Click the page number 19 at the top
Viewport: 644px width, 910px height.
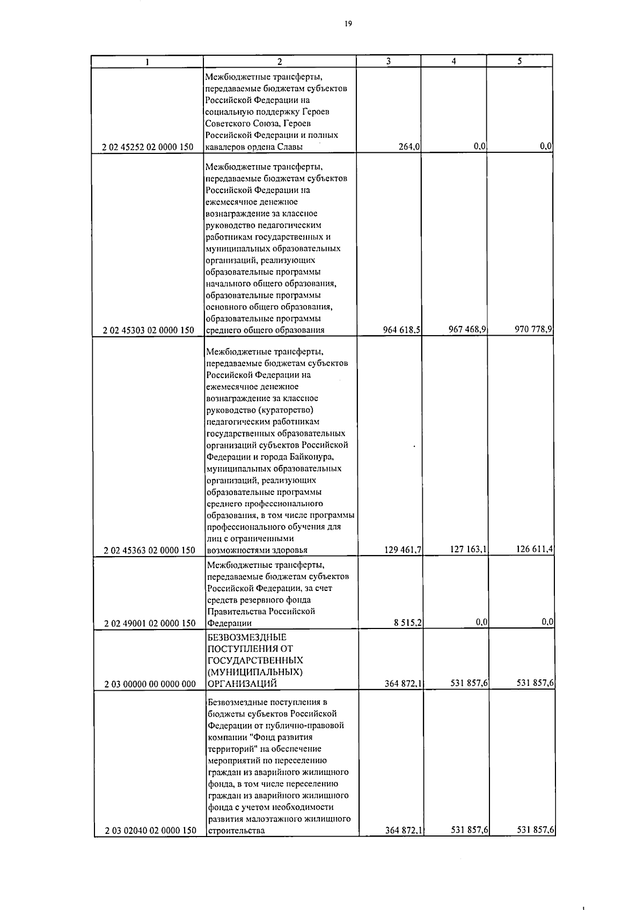[x=348, y=23]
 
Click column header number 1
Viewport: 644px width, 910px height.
[x=147, y=62]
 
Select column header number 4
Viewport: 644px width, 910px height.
[x=453, y=61]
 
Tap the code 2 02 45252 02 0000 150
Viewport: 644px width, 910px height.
[x=148, y=147]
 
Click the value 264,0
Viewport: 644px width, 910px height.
[x=408, y=147]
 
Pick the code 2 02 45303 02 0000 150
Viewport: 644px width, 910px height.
[x=148, y=330]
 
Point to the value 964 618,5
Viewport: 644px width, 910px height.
[x=401, y=330]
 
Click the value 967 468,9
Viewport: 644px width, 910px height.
[x=467, y=329]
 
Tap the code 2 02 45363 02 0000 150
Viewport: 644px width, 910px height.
[x=149, y=550]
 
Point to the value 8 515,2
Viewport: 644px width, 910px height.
[x=408, y=623]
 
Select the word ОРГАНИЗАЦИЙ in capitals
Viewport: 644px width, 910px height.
[x=241, y=684]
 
